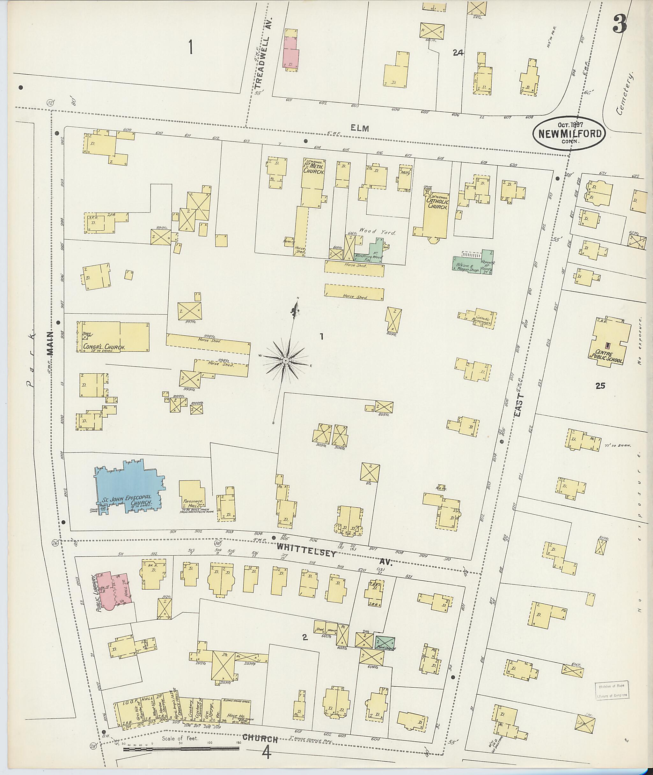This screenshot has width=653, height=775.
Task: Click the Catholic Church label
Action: [x=437, y=204]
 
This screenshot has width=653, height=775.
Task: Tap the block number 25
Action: [x=600, y=386]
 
